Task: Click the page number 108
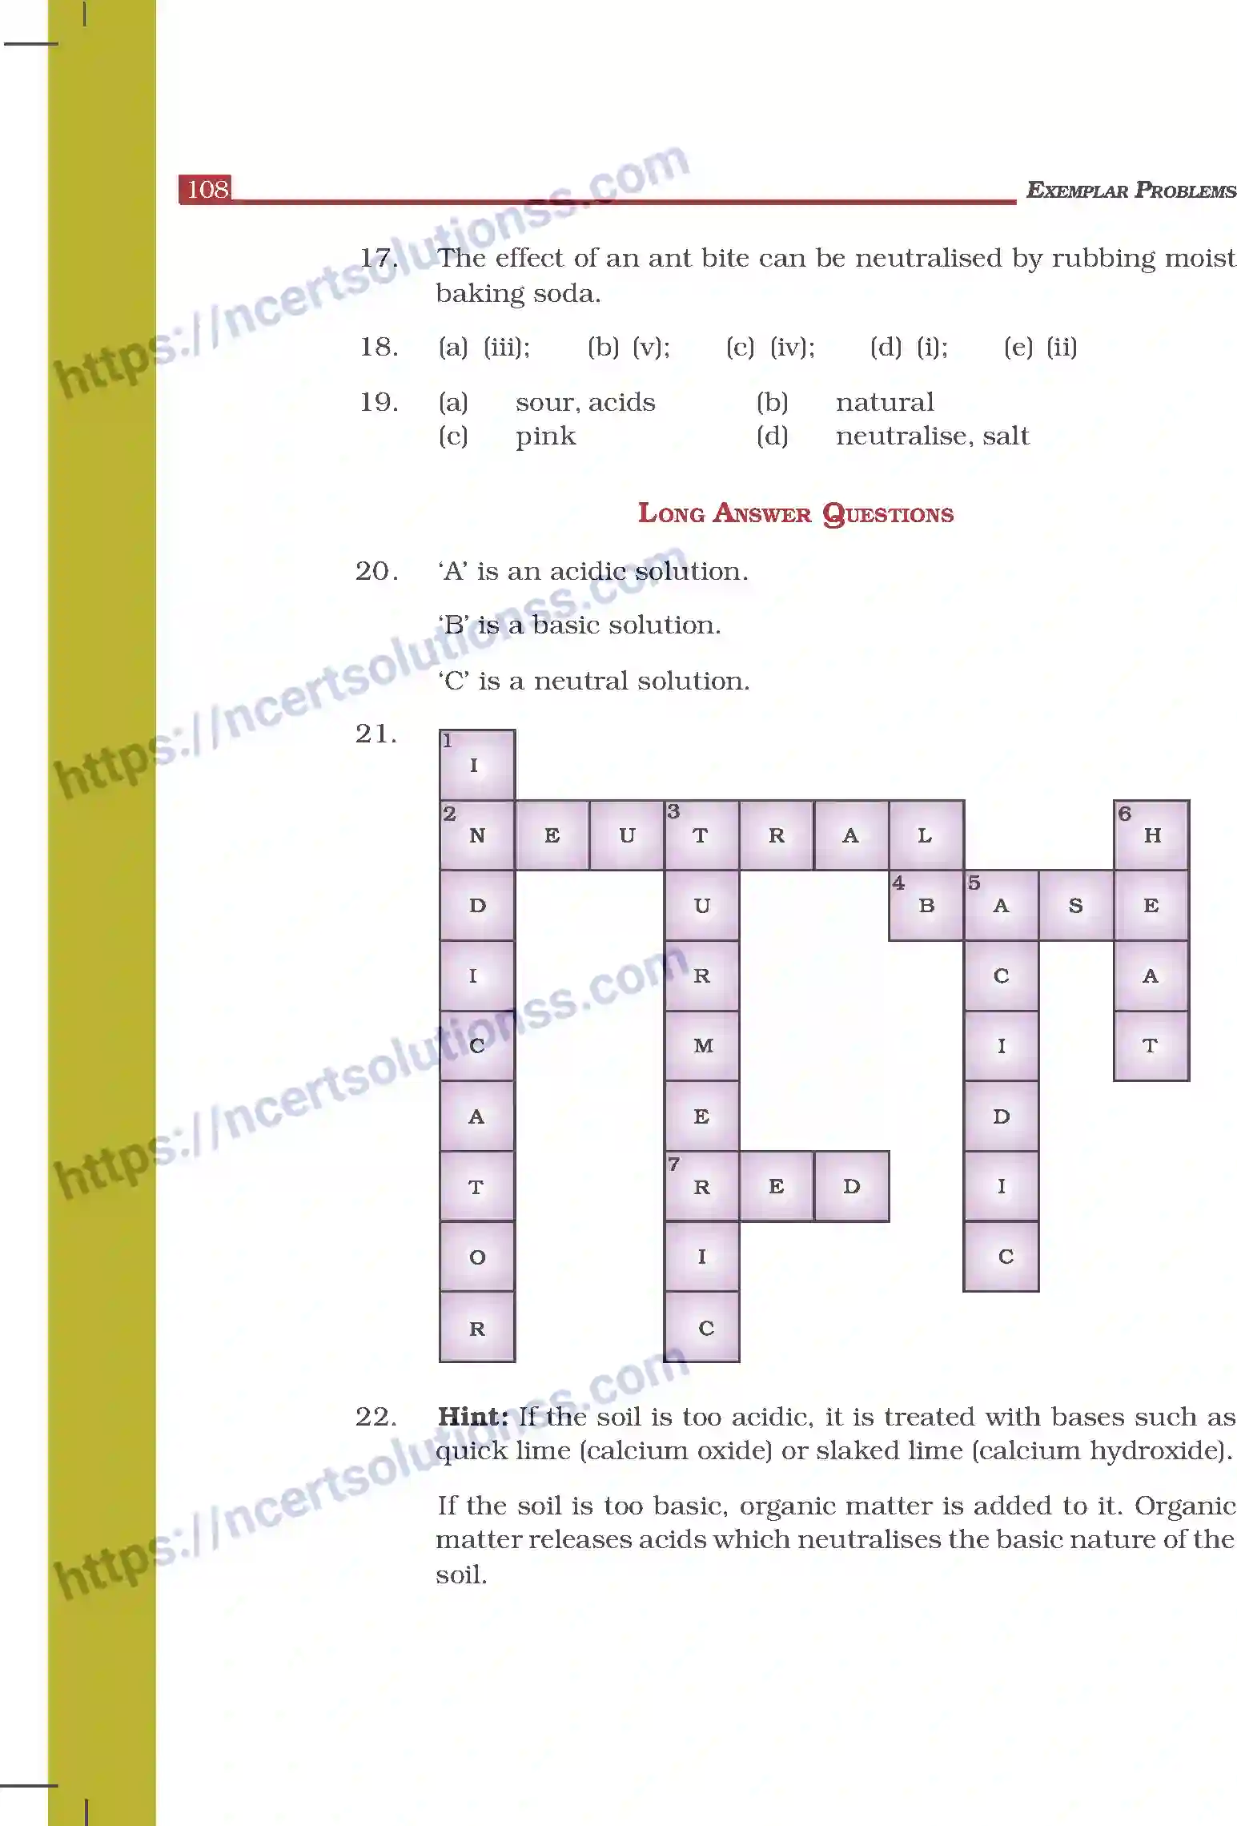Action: click(207, 190)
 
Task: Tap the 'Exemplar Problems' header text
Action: click(1131, 191)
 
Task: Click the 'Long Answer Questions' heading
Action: click(795, 513)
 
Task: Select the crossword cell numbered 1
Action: click(476, 764)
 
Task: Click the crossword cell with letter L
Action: click(926, 835)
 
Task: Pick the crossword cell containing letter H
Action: click(1151, 835)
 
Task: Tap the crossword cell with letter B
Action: click(926, 905)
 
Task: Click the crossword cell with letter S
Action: click(1075, 905)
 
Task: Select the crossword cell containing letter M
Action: click(702, 1045)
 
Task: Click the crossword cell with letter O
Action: click(477, 1257)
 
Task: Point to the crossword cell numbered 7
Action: click(701, 1186)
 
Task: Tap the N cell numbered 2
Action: click(477, 835)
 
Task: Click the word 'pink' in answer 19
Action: click(545, 436)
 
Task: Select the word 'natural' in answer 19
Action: click(885, 402)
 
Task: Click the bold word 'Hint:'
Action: click(472, 1417)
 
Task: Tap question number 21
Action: click(376, 734)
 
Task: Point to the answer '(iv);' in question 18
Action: click(792, 347)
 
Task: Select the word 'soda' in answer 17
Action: click(570, 294)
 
